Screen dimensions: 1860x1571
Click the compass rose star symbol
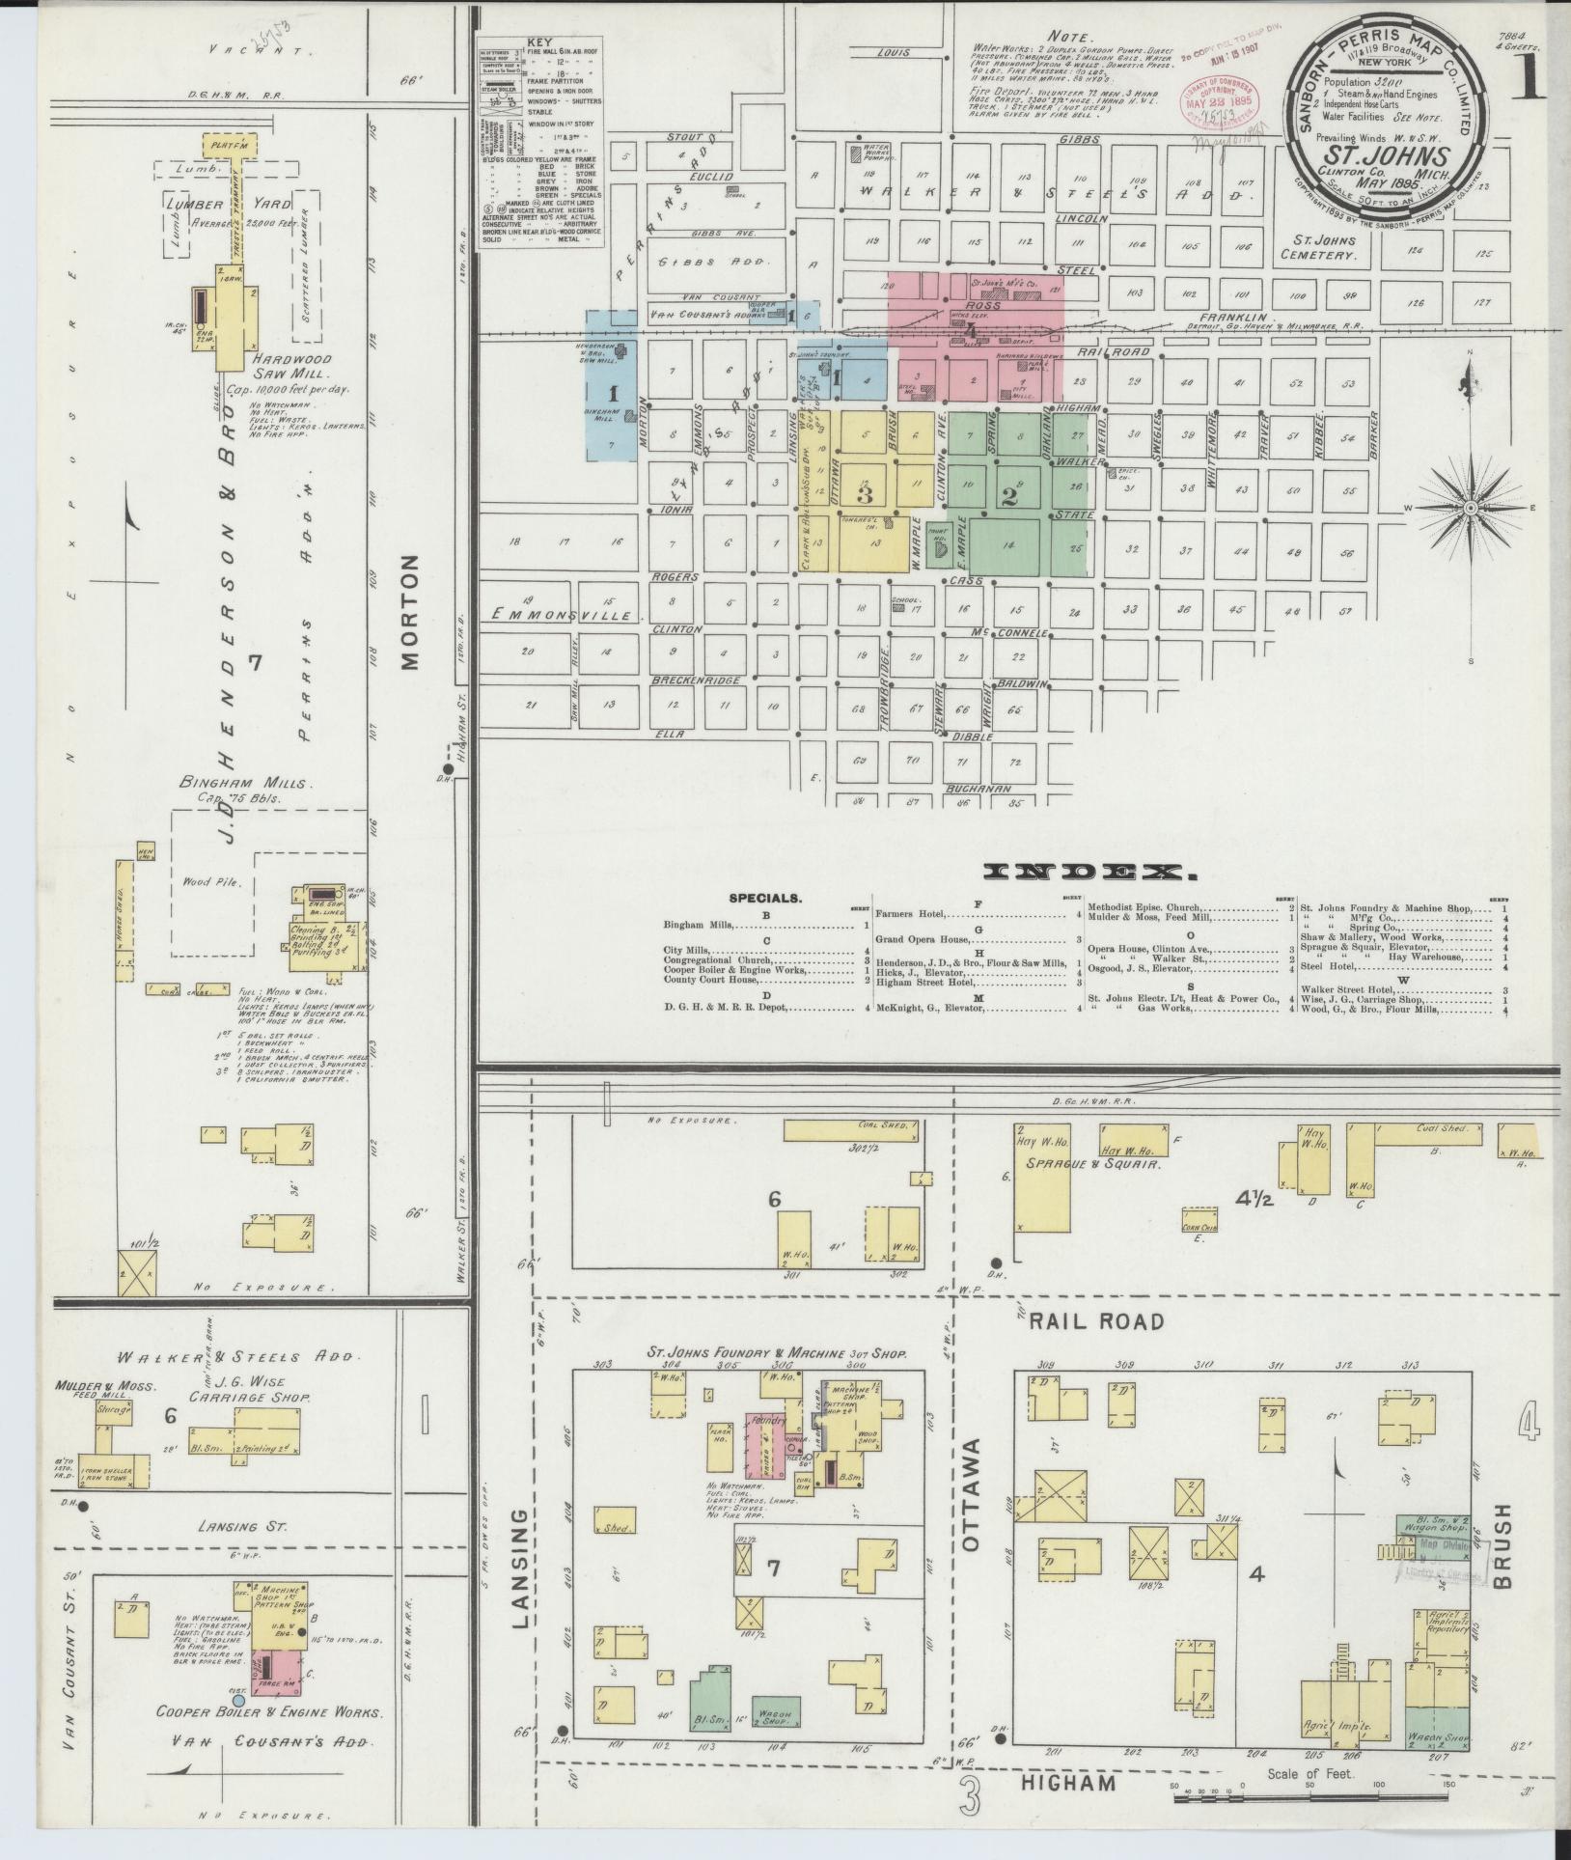click(1469, 507)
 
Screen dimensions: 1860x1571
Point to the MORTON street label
click(410, 612)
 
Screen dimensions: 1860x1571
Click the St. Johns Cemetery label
click(1329, 248)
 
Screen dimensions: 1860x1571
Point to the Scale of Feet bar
click(1308, 1795)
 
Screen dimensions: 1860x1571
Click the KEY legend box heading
click(539, 44)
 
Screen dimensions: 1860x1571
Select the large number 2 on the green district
click(1009, 497)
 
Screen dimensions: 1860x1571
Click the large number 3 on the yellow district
click(865, 495)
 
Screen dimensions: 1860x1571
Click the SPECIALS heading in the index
click(765, 897)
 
